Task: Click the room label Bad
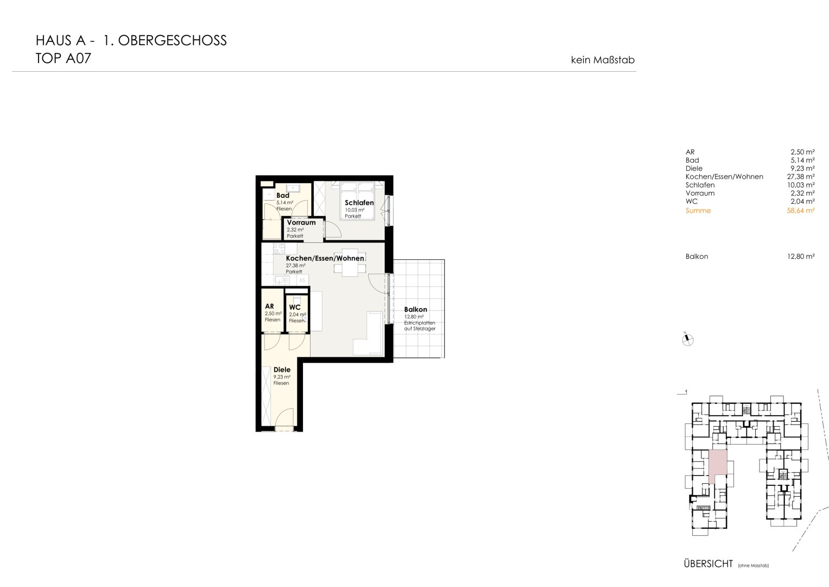(283, 195)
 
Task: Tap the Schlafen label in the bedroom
(359, 203)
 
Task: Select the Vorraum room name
(301, 222)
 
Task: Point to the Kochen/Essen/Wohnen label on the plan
(325, 258)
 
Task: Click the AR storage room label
(269, 306)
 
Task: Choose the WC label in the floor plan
(295, 307)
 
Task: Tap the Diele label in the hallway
(282, 370)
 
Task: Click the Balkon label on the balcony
(415, 309)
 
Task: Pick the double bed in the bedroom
(358, 200)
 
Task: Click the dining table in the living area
(350, 263)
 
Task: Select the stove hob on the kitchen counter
(279, 249)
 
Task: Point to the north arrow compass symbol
(688, 340)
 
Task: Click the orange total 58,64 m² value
(801, 210)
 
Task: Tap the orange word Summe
(698, 210)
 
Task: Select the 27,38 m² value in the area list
(801, 177)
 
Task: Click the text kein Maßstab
(603, 60)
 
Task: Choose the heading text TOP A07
(64, 58)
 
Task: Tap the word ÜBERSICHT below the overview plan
(708, 564)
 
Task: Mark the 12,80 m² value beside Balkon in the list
(801, 256)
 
